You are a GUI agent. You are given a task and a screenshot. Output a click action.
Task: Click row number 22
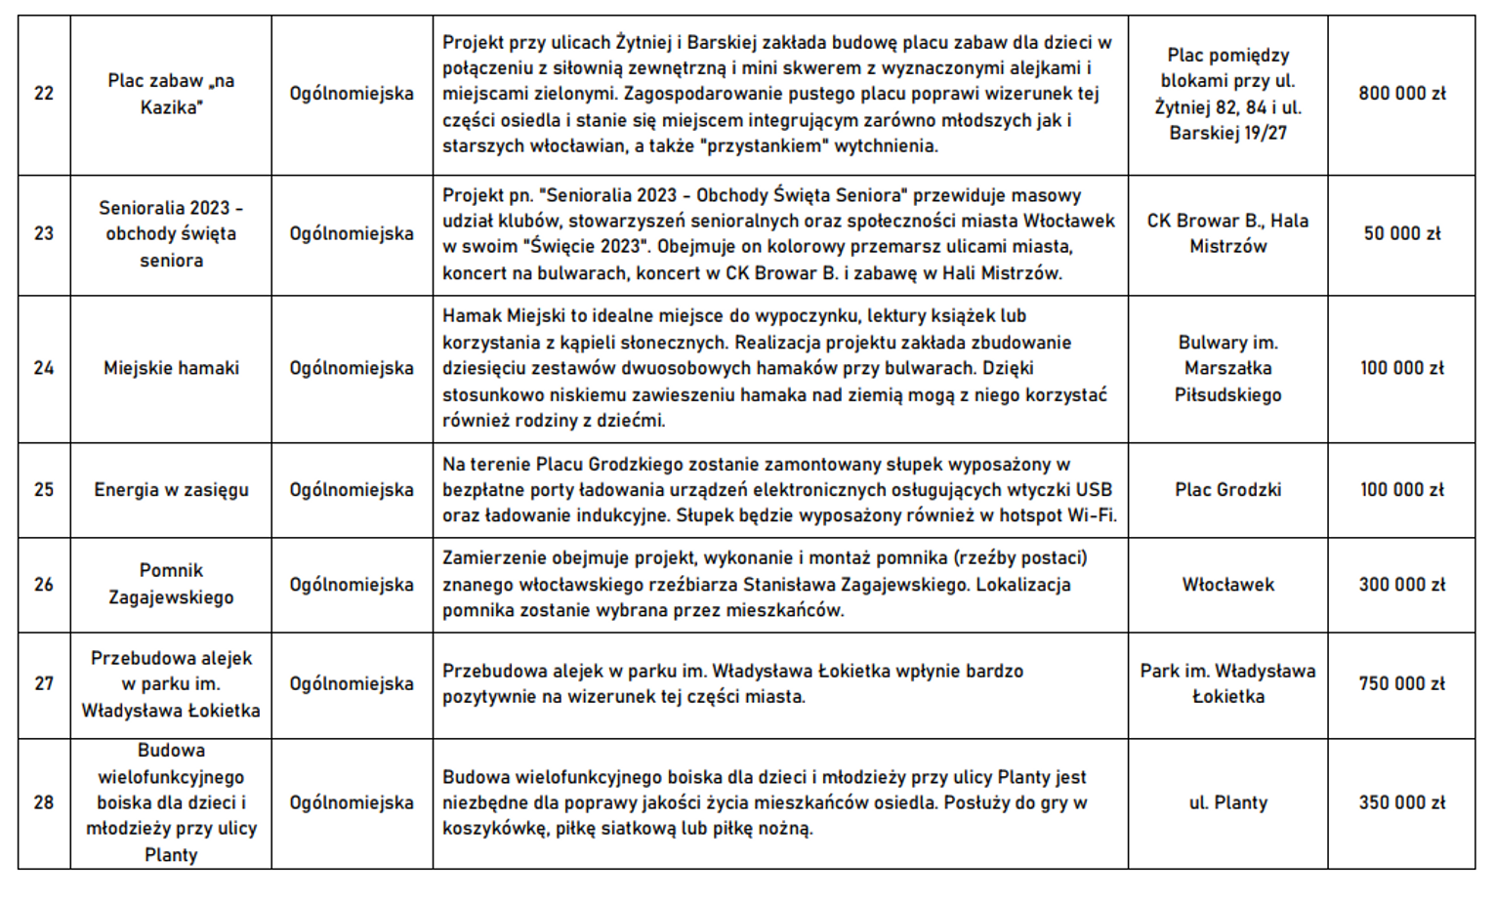click(x=44, y=94)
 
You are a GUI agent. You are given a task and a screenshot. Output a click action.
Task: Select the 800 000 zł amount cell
click(x=1401, y=94)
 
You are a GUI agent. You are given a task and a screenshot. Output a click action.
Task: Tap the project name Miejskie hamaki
click(x=171, y=368)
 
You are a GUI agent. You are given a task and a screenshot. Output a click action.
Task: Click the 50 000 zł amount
click(x=1401, y=234)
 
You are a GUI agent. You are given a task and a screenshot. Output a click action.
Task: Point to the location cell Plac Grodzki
click(x=1227, y=490)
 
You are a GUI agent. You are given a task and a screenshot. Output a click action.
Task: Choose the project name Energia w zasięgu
click(x=171, y=490)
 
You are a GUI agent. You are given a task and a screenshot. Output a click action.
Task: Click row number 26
click(x=44, y=585)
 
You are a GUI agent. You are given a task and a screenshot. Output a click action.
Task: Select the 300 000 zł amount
click(x=1401, y=585)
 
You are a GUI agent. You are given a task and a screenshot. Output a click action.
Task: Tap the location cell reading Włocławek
click(x=1227, y=585)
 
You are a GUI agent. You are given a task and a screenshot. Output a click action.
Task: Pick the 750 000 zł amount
click(x=1401, y=684)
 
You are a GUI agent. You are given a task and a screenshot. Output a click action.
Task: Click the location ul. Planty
click(x=1227, y=803)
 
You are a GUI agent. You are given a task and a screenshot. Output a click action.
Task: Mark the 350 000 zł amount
click(x=1401, y=803)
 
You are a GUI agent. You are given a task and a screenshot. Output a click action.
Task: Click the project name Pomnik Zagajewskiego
click(x=171, y=584)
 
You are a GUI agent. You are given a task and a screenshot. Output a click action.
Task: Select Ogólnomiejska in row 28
click(x=352, y=803)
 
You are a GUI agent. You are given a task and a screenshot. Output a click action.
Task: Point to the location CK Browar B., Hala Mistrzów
click(x=1227, y=234)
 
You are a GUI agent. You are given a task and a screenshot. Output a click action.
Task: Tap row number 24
click(x=44, y=368)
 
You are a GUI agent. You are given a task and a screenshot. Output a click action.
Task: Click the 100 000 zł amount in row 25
click(x=1401, y=490)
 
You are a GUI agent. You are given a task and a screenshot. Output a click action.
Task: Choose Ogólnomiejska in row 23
click(x=352, y=234)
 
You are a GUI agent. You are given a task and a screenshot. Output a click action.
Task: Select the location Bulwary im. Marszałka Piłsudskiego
click(x=1227, y=369)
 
